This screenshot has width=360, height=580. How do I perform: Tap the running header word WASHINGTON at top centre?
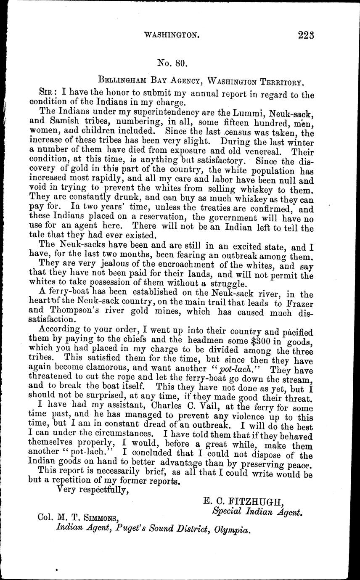172,36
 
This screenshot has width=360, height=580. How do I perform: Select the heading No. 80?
172,64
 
